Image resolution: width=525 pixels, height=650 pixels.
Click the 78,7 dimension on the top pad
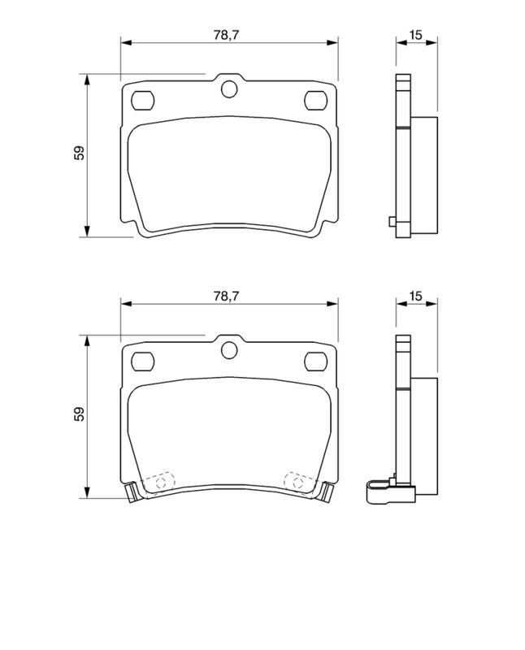(x=228, y=34)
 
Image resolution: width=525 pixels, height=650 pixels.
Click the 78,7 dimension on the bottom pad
(x=228, y=297)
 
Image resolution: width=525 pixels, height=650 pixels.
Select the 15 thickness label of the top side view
(x=415, y=34)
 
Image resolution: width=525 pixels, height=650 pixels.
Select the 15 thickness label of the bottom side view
(x=415, y=297)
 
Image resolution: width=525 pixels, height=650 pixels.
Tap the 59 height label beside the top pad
(x=79, y=154)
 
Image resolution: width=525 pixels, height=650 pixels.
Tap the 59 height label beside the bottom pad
(x=79, y=415)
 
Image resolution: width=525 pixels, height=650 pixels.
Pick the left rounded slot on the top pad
(x=144, y=100)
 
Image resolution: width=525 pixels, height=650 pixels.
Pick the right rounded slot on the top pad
(x=314, y=100)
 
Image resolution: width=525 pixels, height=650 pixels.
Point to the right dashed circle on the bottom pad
(x=297, y=482)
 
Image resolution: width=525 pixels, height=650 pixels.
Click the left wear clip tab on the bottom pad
(x=131, y=491)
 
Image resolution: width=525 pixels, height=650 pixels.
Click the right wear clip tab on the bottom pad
(x=327, y=491)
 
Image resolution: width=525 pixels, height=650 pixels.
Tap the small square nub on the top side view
(x=392, y=222)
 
